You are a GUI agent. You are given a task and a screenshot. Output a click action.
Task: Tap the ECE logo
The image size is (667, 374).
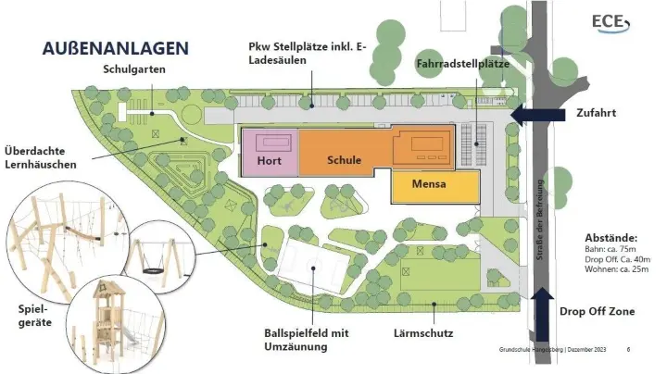coord(610,23)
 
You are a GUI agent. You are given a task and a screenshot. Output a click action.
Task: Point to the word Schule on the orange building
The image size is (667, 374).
coord(344,159)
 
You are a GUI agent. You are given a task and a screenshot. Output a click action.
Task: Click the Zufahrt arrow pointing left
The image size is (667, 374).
coord(536,114)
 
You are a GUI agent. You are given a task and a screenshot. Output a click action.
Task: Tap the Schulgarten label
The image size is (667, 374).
coord(132,70)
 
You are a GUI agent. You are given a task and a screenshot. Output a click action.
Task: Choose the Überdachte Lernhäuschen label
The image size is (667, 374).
coord(40,157)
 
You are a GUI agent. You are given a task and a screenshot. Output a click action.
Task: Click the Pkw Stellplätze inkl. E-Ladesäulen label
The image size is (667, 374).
coord(301,54)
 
